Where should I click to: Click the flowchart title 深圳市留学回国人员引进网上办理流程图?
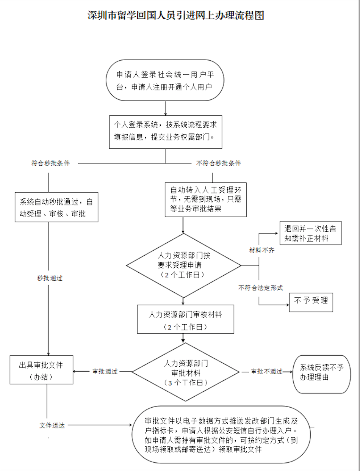coord(175,16)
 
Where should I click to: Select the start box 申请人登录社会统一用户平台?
coord(165,80)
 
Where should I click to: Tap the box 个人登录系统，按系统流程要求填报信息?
coord(166,132)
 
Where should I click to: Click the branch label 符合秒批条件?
coord(51,163)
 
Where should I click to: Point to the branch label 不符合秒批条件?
coord(219,163)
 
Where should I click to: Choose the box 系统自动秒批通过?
coord(56,207)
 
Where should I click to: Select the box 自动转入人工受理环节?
coord(206,199)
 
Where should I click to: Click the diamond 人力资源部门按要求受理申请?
coord(183,265)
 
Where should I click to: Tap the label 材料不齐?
coord(261,250)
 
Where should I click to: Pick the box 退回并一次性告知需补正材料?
coord(310,233)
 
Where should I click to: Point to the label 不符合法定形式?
coord(260,288)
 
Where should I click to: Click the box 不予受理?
coord(311,302)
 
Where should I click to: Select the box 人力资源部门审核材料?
coord(185,319)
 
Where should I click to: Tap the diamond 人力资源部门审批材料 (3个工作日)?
coord(185,372)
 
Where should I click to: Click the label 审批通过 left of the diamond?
coord(105,371)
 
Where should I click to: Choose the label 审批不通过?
coord(267,371)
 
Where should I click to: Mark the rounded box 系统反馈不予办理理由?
coord(322,374)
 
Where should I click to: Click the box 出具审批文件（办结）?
coord(41,370)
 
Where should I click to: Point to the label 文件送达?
coord(52,425)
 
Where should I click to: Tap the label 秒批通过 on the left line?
coord(50,278)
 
